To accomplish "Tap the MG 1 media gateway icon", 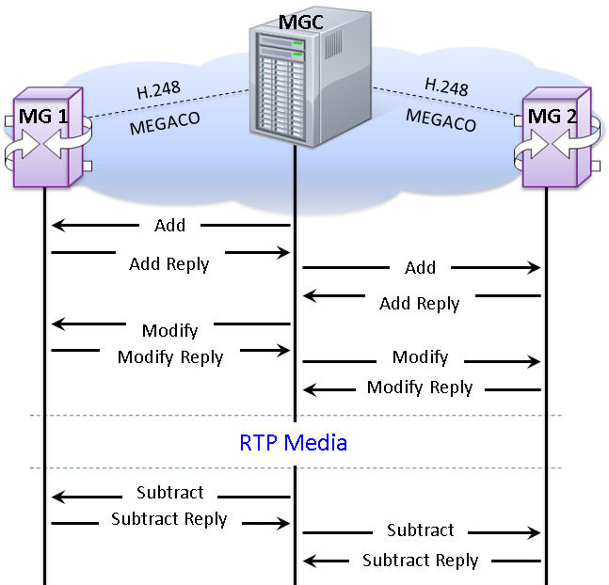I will pos(46,139).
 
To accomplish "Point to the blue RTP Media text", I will pos(294,442).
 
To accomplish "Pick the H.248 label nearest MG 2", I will pos(446,87).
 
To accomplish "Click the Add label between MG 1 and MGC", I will pos(169,226).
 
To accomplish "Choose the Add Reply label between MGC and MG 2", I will pos(420,304).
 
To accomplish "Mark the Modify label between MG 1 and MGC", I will pos(169,330).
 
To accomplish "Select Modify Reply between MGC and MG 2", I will pos(420,387).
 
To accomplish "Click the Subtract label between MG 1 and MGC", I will pos(169,493).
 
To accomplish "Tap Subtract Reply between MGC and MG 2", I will pos(420,561).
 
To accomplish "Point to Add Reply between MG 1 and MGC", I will pos(169,263).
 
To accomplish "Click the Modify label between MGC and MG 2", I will pos(420,358).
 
